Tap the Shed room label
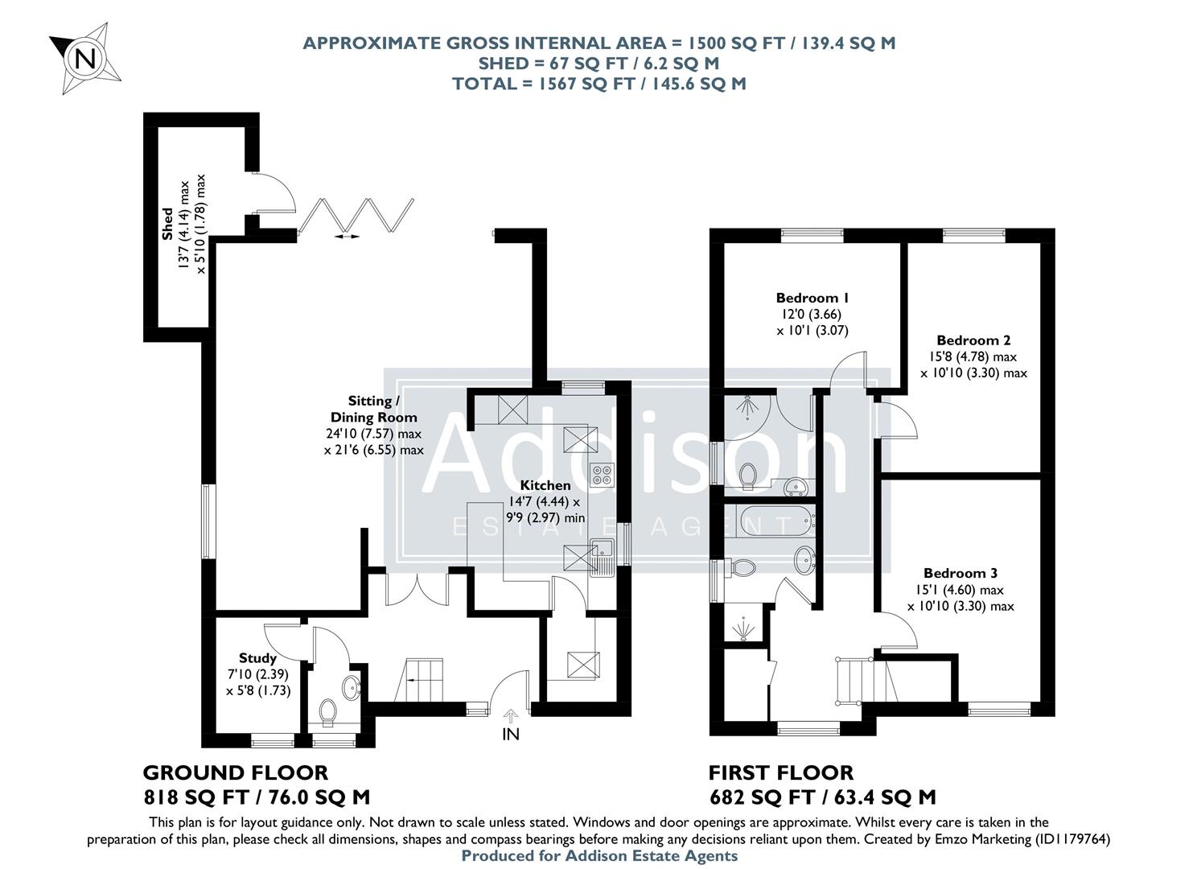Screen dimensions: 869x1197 pos(167,224)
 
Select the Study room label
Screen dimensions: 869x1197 pos(257,658)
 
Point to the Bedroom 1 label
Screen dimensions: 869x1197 pos(812,297)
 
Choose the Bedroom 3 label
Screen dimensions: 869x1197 pos(960,573)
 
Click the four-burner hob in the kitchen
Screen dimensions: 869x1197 pos(601,475)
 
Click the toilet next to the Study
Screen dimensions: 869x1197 pos(327,712)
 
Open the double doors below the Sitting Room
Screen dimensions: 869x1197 pos(416,589)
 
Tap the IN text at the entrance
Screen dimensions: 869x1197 pos(511,734)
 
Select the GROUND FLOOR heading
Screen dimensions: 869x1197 pos(235,772)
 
